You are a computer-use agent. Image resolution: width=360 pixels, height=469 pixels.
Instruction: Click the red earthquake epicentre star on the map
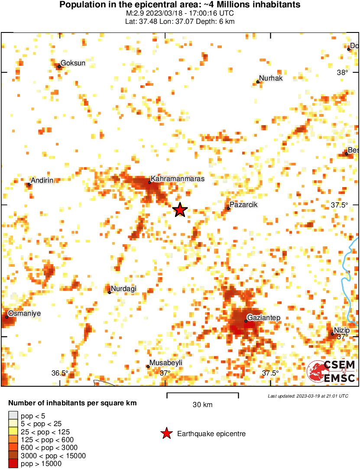click(x=180, y=210)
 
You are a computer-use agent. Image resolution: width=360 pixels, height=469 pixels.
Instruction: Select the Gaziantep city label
click(x=264, y=318)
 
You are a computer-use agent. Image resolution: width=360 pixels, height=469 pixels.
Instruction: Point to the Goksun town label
click(x=73, y=63)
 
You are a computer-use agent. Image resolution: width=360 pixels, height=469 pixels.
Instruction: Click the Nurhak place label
click(x=271, y=78)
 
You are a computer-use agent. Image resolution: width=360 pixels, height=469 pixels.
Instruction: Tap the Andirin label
click(x=42, y=180)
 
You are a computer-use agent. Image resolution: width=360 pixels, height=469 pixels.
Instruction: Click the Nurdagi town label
click(x=123, y=288)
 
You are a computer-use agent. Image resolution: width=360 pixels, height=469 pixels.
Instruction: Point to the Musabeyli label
click(x=165, y=362)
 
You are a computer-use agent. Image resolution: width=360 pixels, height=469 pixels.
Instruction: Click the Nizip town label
click(x=342, y=330)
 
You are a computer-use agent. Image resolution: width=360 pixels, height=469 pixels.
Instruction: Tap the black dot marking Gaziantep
click(x=246, y=321)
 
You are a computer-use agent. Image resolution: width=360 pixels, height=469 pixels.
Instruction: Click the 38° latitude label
click(x=342, y=72)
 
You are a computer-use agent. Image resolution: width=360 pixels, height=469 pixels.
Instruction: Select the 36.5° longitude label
click(x=60, y=373)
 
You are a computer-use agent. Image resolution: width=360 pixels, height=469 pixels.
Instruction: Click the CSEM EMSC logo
click(x=331, y=371)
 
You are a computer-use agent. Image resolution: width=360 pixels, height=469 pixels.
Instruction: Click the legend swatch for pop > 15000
click(x=13, y=464)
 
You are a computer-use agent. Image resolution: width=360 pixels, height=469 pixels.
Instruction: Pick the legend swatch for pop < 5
click(x=13, y=415)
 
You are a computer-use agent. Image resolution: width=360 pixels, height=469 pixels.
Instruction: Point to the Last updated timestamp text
click(x=308, y=396)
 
